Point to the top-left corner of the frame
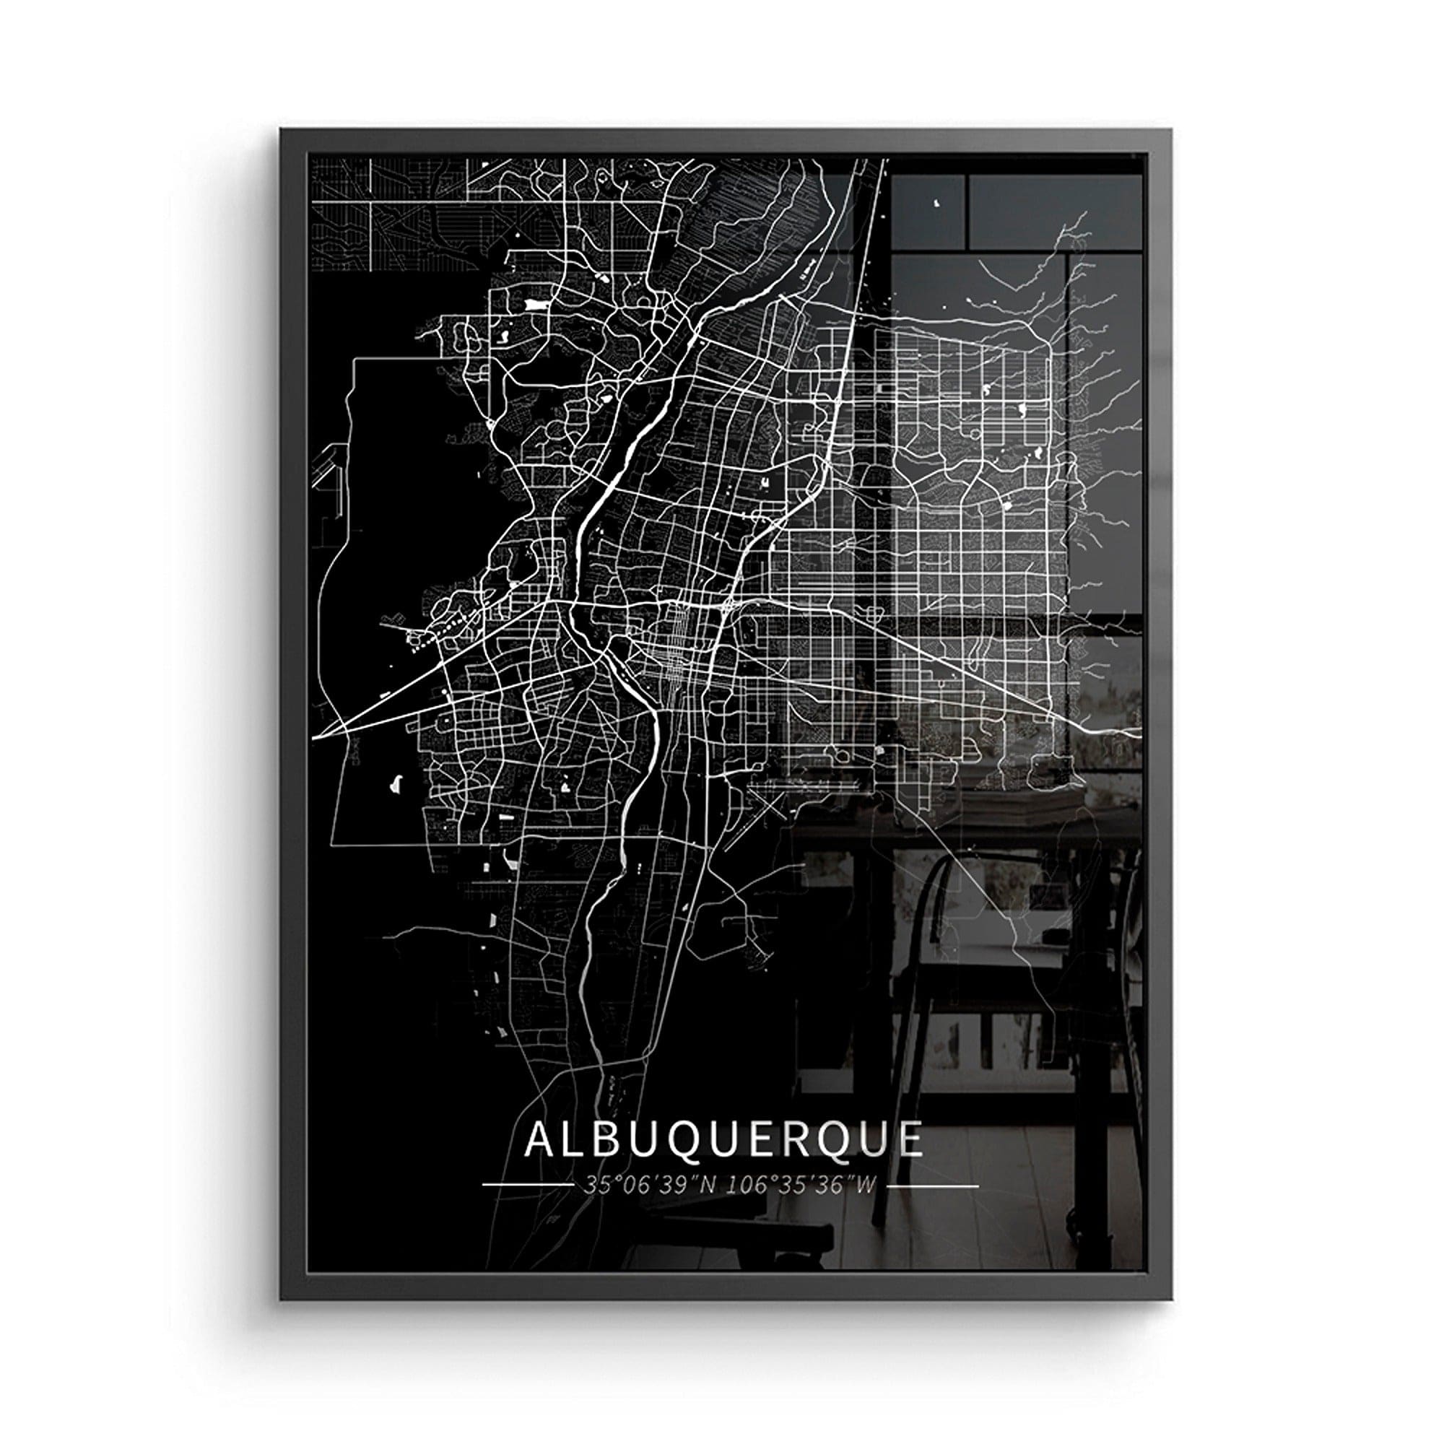[282, 130]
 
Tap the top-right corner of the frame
[1170, 130]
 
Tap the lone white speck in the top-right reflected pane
[938, 204]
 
